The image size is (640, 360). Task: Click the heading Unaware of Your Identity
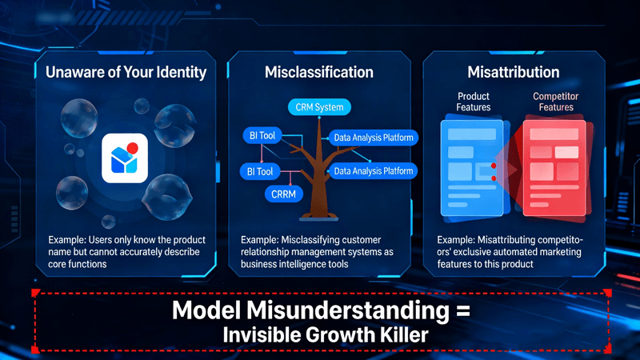pyautogui.click(x=126, y=73)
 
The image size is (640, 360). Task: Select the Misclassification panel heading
pyautogui.click(x=319, y=73)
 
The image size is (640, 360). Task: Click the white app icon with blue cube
pyautogui.click(x=125, y=158)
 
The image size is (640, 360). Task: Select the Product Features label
pyautogui.click(x=473, y=102)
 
